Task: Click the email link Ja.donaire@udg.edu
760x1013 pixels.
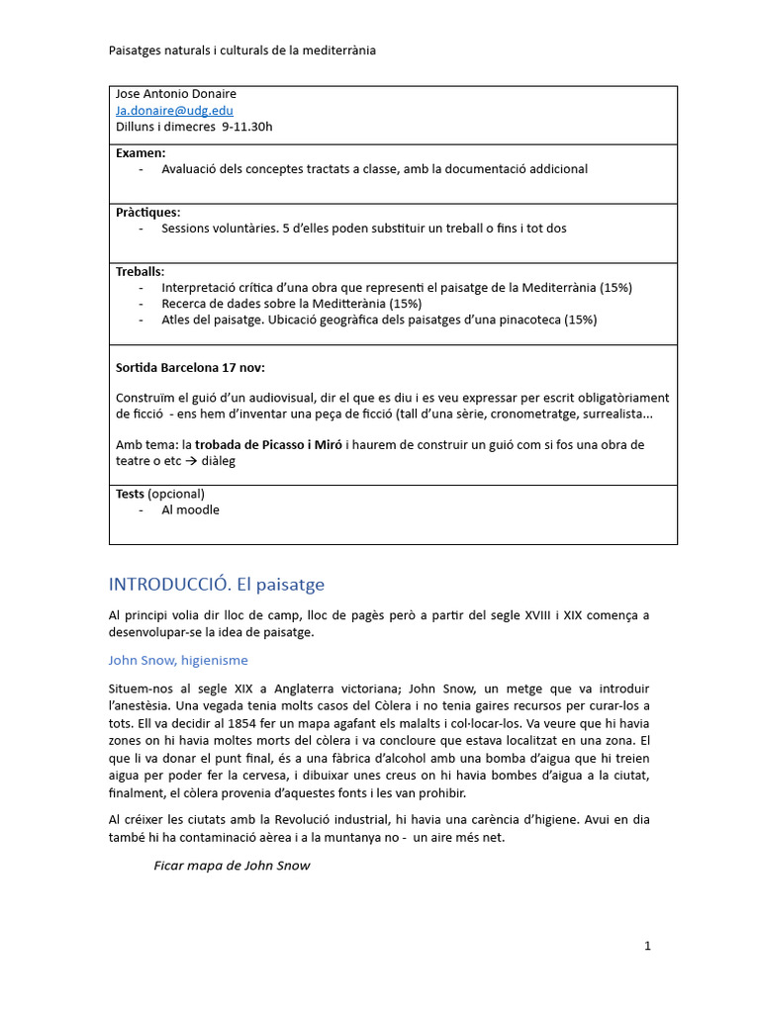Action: tap(174, 111)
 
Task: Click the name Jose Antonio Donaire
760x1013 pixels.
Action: tap(176, 95)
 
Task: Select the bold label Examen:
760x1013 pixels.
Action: tap(141, 153)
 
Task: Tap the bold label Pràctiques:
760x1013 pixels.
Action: tap(147, 213)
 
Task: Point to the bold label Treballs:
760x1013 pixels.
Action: tap(140, 272)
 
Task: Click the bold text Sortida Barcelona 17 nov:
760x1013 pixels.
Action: tap(190, 367)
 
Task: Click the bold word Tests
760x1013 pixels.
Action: tap(131, 494)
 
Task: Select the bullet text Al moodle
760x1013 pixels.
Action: tap(190, 510)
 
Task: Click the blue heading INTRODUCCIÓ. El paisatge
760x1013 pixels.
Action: tap(216, 585)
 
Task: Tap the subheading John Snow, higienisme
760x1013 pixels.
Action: tap(178, 660)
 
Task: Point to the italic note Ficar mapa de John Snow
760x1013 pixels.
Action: tap(232, 866)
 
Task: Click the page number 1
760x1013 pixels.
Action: tap(647, 946)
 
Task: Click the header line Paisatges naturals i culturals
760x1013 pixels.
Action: tap(241, 50)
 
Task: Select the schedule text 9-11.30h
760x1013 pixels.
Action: tap(247, 127)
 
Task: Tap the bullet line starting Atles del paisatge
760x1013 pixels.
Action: tap(379, 320)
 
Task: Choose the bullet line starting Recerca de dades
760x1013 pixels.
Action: tap(291, 304)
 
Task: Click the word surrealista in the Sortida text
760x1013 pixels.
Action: tap(615, 414)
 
